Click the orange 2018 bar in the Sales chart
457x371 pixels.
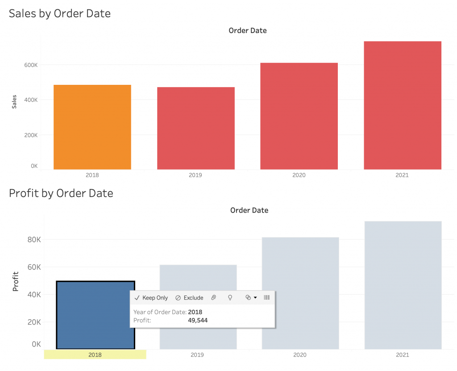92,127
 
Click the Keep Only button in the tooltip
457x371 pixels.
151,298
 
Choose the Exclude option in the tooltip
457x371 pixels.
189,298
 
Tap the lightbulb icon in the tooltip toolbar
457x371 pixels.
230,298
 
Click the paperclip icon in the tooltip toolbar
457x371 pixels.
214,298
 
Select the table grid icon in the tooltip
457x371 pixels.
267,298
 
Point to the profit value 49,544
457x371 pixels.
198,320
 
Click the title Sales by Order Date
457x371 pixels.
60,13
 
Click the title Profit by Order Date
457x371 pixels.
61,193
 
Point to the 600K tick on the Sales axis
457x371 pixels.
31,65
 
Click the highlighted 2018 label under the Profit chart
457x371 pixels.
95,355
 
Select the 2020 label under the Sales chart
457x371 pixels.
299,175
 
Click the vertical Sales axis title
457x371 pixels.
15,101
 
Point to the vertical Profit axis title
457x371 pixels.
16,281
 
